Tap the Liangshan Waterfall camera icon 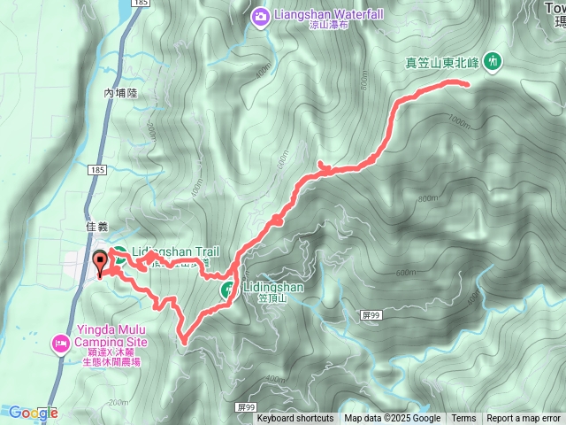[260, 15]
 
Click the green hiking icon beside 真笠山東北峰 [493, 61]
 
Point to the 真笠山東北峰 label [441, 62]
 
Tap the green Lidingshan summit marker [227, 288]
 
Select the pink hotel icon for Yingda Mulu [61, 342]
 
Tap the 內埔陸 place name [121, 92]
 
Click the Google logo [33, 413]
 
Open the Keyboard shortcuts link [295, 419]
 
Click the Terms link [463, 419]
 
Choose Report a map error [524, 419]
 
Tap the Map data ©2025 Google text [392, 419]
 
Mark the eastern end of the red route [466, 83]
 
